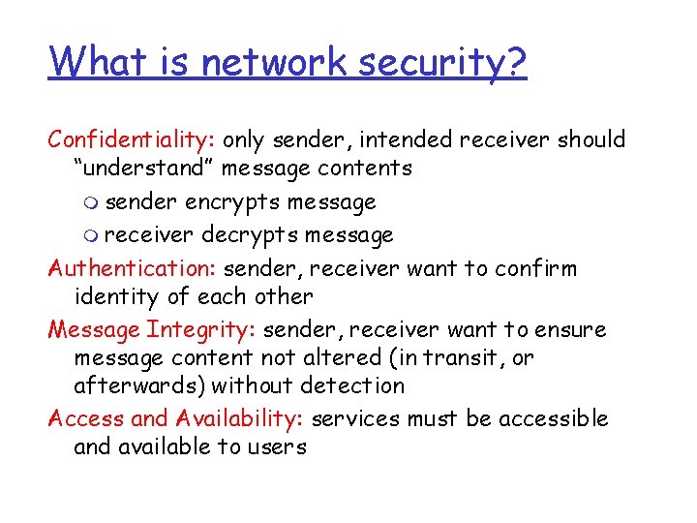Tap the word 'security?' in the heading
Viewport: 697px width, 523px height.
pos(442,64)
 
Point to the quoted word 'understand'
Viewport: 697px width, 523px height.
pos(144,169)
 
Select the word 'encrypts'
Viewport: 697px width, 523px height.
pos(229,203)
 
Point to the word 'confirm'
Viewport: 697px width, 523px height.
pos(542,268)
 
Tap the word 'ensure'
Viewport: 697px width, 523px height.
pos(569,329)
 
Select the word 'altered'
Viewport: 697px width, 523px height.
pos(351,357)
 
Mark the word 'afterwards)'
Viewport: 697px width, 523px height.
pos(139,385)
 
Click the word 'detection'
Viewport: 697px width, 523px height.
pos(352,385)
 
